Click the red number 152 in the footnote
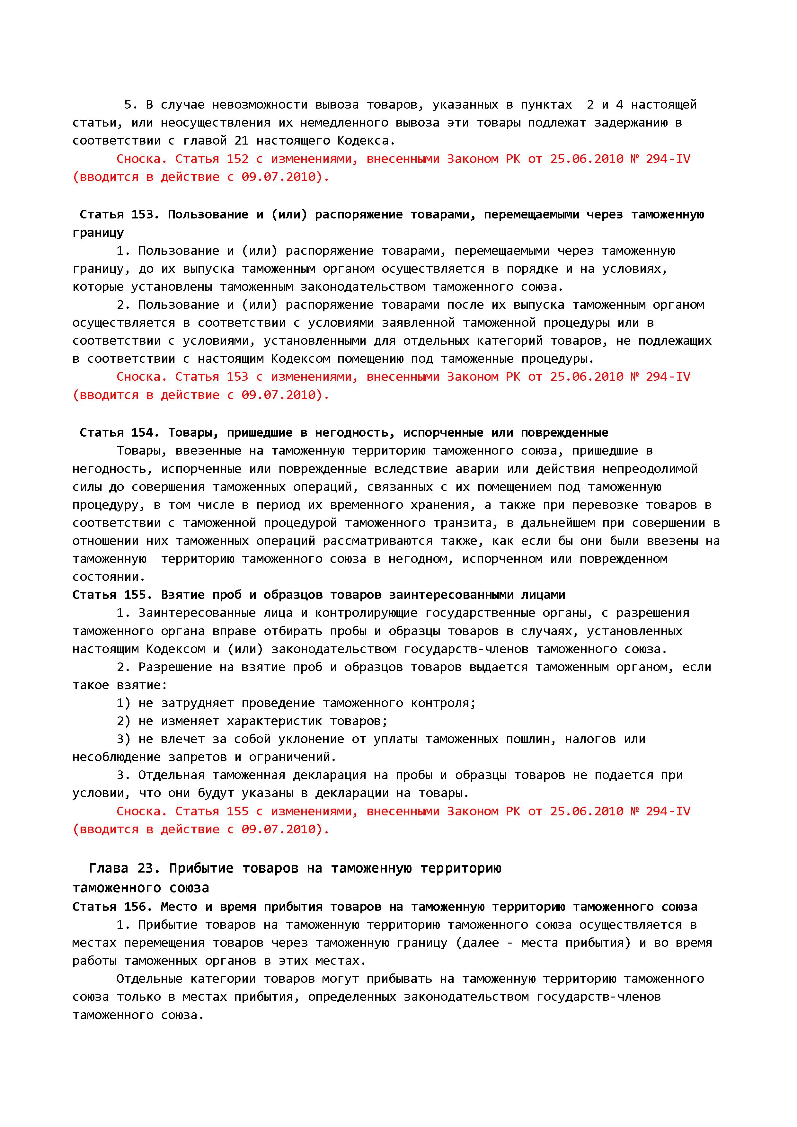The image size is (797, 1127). [x=237, y=159]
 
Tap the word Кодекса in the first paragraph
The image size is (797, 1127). [x=365, y=141]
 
